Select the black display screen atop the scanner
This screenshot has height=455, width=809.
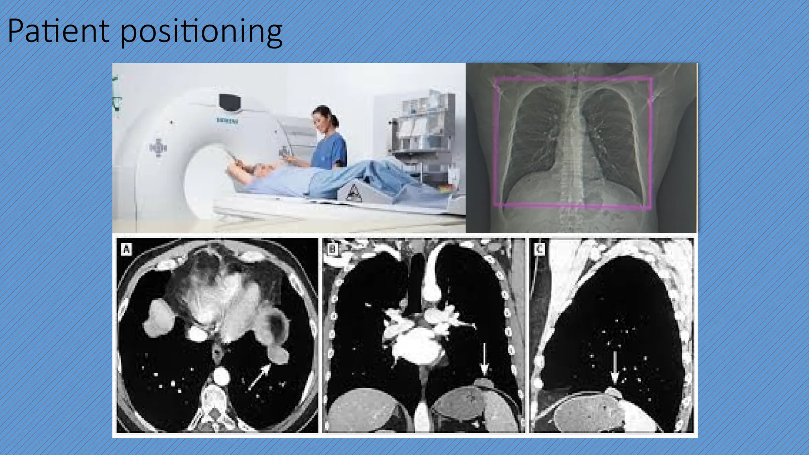[230, 102]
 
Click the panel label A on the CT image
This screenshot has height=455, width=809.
[126, 249]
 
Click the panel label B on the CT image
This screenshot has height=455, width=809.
[333, 249]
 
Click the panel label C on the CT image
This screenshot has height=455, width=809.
[539, 249]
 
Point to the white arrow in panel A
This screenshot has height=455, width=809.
[259, 376]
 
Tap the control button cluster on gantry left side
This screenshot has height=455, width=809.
[158, 148]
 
